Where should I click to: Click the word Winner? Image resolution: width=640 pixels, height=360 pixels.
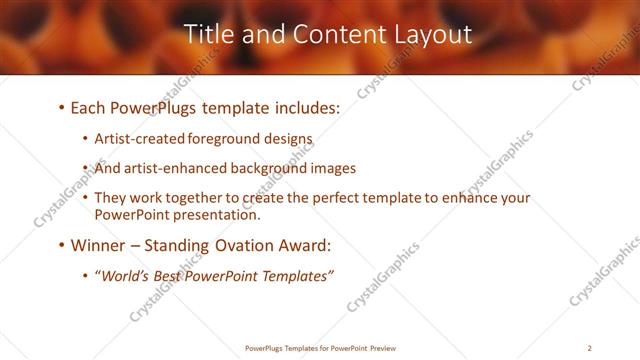99,244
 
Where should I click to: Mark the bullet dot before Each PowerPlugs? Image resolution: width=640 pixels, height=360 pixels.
62,108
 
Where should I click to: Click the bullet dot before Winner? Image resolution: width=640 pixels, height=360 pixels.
62,245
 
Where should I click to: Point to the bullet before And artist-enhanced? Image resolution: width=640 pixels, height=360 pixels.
86,169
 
